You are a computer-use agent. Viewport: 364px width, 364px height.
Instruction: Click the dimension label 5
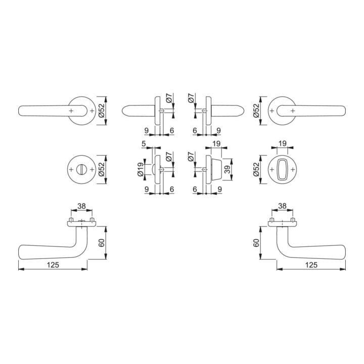tap(144, 144)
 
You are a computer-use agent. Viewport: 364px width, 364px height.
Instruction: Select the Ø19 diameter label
tap(141, 169)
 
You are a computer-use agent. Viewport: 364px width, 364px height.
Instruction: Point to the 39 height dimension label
tap(227, 169)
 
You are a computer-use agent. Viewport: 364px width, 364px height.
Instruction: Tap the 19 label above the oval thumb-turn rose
tap(282, 144)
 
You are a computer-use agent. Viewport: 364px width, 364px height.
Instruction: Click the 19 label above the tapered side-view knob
tap(216, 144)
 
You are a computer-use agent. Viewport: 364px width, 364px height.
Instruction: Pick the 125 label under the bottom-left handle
tap(53, 264)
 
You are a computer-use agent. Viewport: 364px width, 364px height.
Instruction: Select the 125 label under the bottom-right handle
tap(311, 264)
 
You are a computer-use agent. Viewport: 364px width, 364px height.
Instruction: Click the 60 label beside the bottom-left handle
tap(102, 243)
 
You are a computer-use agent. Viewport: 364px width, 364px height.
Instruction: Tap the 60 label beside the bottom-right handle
tap(256, 243)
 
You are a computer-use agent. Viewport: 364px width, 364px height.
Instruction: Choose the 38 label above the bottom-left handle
tap(81, 206)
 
